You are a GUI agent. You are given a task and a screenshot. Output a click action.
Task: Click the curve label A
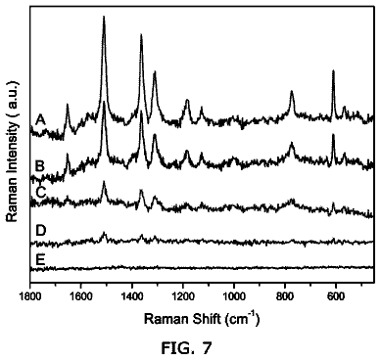[x=40, y=120]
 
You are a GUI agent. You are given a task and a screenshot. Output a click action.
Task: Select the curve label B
[x=40, y=166]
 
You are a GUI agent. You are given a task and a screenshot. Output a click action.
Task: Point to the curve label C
[x=40, y=193]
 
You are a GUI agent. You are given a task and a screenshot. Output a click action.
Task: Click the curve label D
[x=40, y=231]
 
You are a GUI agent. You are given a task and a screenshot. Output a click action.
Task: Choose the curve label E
[x=40, y=260]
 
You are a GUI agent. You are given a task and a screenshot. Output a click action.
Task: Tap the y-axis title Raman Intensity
[x=12, y=152]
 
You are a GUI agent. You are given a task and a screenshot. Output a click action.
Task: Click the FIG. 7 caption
[x=186, y=348]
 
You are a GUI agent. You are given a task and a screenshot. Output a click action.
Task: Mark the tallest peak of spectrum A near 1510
[x=104, y=17]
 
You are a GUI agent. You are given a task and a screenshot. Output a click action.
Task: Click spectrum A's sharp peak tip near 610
[x=333, y=70]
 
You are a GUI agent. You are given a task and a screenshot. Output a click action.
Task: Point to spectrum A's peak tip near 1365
[x=141, y=34]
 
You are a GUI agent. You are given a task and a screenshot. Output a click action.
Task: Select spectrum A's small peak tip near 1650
[x=68, y=105]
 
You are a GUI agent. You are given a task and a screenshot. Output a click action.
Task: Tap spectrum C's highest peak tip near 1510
[x=104, y=181]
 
